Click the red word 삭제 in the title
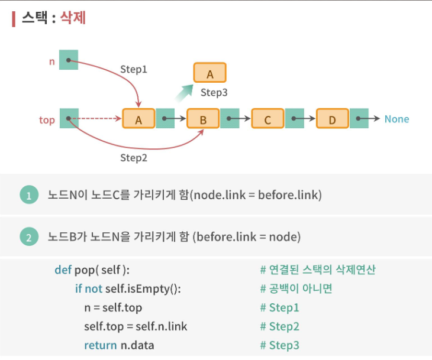pos(73,18)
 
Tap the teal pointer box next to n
pos(69,60)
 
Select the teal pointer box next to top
pos(69,119)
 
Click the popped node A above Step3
pos(209,73)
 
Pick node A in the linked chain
pos(138,119)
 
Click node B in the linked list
pos(203,119)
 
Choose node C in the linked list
pos(267,119)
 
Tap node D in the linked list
pos(332,119)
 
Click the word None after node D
pos(396,119)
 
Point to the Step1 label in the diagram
pos(134,69)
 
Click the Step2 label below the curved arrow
pos(134,157)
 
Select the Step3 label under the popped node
pos(214,92)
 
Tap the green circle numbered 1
pos(28,195)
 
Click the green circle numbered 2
pos(28,237)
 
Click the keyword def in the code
pos(63,270)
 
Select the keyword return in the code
pos(98,345)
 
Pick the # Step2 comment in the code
pos(280,326)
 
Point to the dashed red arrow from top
pos(98,119)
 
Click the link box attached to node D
pos(359,119)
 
